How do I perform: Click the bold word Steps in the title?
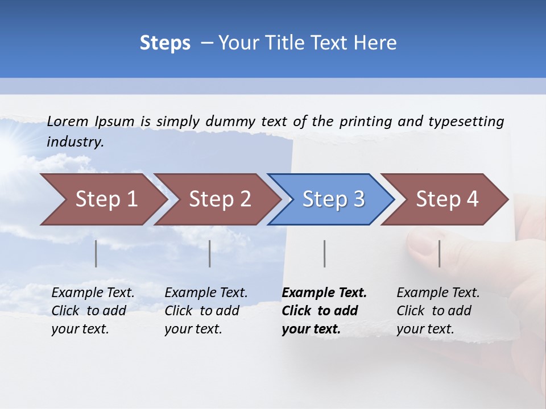(x=165, y=43)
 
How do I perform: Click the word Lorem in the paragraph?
(x=67, y=121)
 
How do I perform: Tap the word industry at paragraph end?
(x=75, y=141)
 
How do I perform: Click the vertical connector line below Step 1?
(x=96, y=253)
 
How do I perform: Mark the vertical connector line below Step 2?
(x=210, y=253)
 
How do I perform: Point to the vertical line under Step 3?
(x=324, y=253)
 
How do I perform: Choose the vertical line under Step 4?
(x=439, y=253)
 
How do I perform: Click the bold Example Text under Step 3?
(x=324, y=293)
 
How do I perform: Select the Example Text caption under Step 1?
(x=93, y=293)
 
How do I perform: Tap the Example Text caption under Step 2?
(x=206, y=293)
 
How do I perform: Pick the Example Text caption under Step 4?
(x=438, y=293)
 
